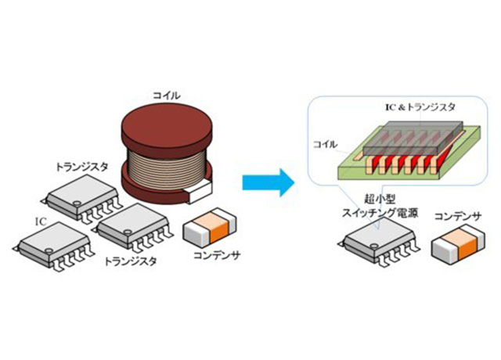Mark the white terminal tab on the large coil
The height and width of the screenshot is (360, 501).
pyautogui.click(x=198, y=187)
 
